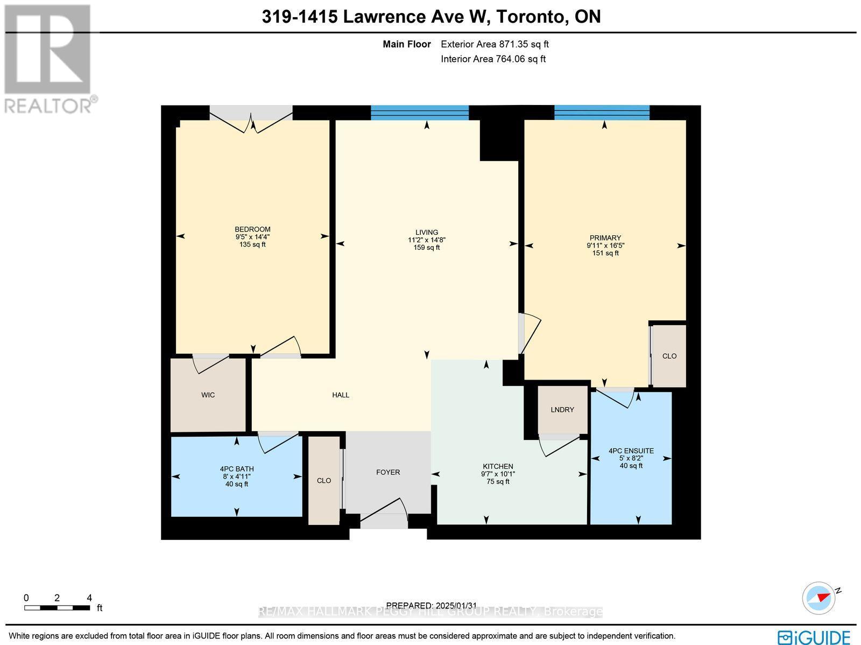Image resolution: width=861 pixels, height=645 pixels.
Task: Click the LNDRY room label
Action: pyautogui.click(x=562, y=410)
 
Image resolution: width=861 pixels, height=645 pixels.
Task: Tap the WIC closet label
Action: pyautogui.click(x=208, y=395)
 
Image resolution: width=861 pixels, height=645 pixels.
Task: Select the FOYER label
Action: pyautogui.click(x=388, y=472)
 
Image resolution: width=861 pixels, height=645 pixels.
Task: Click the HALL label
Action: pyautogui.click(x=341, y=395)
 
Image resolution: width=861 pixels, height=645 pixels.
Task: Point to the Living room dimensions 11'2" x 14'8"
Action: pyautogui.click(x=427, y=240)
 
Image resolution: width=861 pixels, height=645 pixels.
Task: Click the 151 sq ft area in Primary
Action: pyautogui.click(x=605, y=253)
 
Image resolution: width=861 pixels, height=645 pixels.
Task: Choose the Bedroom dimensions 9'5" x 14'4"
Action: pyautogui.click(x=252, y=237)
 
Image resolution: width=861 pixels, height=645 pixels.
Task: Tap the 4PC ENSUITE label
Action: pyautogui.click(x=631, y=451)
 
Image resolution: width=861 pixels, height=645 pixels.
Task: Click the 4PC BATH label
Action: pyautogui.click(x=237, y=469)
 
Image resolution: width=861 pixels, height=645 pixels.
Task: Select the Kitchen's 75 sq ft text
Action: pyautogui.click(x=498, y=481)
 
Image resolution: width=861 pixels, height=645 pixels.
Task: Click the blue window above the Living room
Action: pyautogui.click(x=420, y=113)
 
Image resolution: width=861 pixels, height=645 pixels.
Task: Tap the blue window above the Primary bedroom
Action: pyautogui.click(x=602, y=113)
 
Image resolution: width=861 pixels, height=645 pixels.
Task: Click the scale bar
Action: pyautogui.click(x=57, y=608)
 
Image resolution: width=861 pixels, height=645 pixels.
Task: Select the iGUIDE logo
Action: pyautogui.click(x=814, y=636)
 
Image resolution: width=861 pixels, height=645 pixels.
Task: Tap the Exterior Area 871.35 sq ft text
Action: pyautogui.click(x=495, y=44)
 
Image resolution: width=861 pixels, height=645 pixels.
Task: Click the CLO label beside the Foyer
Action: pyautogui.click(x=324, y=481)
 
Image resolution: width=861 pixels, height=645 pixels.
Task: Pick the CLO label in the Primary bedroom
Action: pyautogui.click(x=669, y=356)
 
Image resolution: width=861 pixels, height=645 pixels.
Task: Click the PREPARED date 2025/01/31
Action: pyautogui.click(x=432, y=606)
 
